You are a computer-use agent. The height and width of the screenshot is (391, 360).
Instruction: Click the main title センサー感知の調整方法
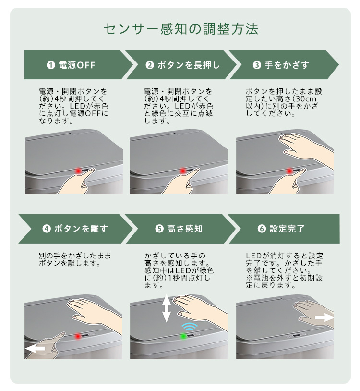pyautogui.click(x=181, y=29)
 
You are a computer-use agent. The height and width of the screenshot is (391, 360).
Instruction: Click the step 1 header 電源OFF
pyautogui.click(x=77, y=65)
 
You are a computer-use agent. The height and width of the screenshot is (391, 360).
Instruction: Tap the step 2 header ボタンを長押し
pyautogui.click(x=189, y=65)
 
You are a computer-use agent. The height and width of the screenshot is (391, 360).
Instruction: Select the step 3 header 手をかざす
pyautogui.click(x=287, y=65)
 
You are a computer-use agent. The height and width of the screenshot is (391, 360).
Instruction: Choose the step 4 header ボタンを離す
pyautogui.click(x=81, y=229)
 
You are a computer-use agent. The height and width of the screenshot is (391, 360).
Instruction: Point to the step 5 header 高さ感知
pyautogui.click(x=185, y=229)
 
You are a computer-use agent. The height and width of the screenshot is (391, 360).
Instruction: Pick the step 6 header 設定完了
pyautogui.click(x=287, y=229)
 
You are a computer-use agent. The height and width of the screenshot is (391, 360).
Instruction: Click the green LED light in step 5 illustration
pyautogui.click(x=183, y=336)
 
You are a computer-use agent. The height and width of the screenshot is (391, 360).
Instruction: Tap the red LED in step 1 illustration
pyautogui.click(x=78, y=171)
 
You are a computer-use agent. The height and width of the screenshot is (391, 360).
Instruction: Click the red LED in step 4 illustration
pyautogui.click(x=78, y=336)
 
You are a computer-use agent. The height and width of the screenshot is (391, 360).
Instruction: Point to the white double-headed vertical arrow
pyautogui.click(x=167, y=308)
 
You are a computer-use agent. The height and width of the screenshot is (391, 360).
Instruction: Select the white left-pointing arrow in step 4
pyautogui.click(x=36, y=349)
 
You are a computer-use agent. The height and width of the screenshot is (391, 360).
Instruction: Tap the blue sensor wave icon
pyautogui.click(x=189, y=327)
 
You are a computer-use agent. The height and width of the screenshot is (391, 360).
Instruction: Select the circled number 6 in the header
pyautogui.click(x=262, y=229)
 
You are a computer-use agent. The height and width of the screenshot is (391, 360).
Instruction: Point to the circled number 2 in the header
pyautogui.click(x=150, y=65)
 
